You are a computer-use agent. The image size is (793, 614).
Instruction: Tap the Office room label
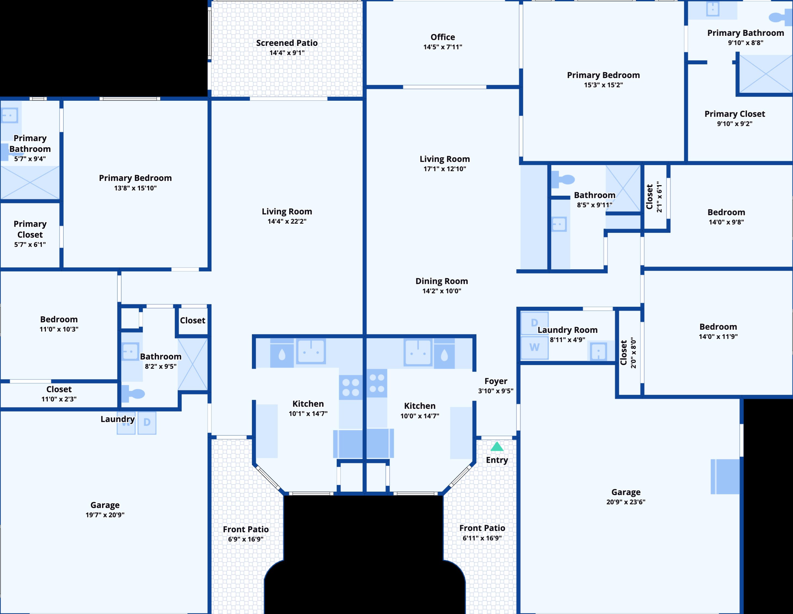point(443,37)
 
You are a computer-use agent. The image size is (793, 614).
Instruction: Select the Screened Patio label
point(287,43)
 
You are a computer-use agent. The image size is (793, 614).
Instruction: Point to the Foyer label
point(496,381)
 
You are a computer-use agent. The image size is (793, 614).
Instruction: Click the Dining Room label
point(442,281)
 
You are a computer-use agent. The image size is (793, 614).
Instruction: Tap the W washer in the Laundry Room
point(534,347)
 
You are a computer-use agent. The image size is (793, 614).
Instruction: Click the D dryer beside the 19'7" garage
point(147,423)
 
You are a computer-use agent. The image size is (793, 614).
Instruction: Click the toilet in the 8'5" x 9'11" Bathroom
point(563,179)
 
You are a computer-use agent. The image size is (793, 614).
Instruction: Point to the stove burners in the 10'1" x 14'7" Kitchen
point(351,387)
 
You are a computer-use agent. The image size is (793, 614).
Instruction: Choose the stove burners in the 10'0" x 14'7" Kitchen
point(377,383)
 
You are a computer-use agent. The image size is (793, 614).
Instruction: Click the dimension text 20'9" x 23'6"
point(626,502)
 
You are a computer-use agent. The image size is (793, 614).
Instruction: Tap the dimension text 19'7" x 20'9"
point(105,515)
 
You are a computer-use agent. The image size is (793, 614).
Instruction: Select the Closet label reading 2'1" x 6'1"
point(654,197)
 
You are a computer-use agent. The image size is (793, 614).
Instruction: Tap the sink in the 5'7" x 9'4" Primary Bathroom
point(10,116)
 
